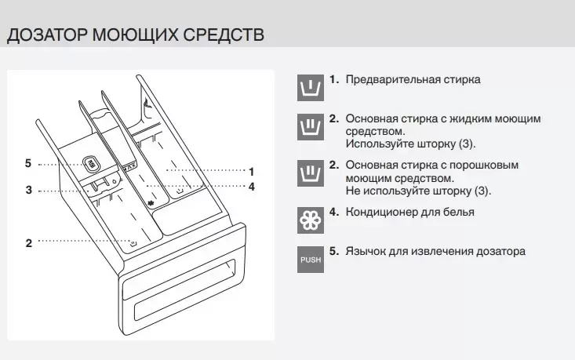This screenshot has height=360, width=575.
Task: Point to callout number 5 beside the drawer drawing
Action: pyautogui.click(x=28, y=164)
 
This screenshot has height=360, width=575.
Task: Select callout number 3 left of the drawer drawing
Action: pyautogui.click(x=28, y=190)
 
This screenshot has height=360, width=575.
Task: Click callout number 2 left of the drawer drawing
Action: pyautogui.click(x=28, y=243)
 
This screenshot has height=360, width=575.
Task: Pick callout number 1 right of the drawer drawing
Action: pyautogui.click(x=251, y=169)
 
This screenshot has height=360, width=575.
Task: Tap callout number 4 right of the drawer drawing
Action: pyautogui.click(x=251, y=187)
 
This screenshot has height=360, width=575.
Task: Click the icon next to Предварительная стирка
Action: pyautogui.click(x=311, y=87)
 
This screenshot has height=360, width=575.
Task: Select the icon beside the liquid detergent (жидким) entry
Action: pyautogui.click(x=311, y=126)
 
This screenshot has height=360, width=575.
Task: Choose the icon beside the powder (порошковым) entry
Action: pyautogui.click(x=311, y=173)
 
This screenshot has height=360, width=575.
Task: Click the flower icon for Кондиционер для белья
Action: pyautogui.click(x=311, y=220)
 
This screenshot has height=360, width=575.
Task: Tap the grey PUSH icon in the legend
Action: pyautogui.click(x=311, y=259)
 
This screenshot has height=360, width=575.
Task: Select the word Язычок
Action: pyautogui.click(x=366, y=251)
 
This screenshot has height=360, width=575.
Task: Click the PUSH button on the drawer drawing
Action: pyautogui.click(x=92, y=164)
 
